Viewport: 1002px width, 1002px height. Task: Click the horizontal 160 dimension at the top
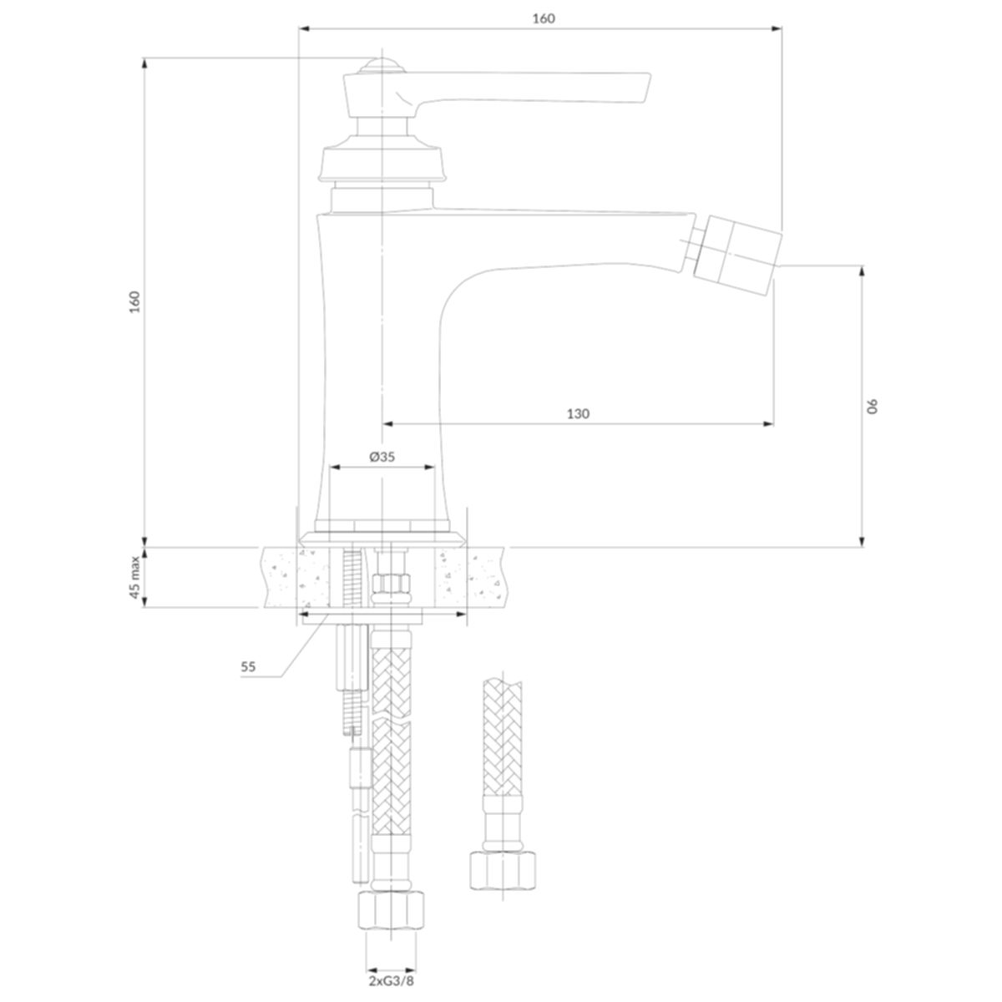coord(544,18)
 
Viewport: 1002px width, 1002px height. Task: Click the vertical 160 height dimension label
coord(134,301)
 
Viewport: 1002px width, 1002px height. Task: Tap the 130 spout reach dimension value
coord(578,414)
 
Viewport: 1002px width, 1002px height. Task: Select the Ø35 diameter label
coord(382,457)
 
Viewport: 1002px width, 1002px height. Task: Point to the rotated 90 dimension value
coord(873,406)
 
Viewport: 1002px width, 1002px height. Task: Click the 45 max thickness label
coord(134,577)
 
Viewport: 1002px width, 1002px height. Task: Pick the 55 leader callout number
coord(248,667)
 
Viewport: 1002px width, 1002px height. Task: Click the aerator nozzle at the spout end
coord(738,245)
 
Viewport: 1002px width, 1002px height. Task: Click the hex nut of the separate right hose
coord(503,870)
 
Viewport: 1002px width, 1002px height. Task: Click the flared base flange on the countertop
coord(382,539)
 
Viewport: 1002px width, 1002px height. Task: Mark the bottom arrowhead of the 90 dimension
coord(862,541)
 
